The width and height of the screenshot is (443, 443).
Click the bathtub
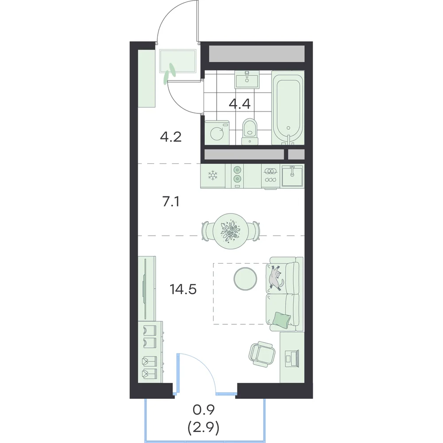[288, 108]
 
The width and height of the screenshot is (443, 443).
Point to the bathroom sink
[247, 80]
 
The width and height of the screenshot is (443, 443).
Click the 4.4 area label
[240, 104]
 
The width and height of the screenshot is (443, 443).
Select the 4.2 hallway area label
[171, 137]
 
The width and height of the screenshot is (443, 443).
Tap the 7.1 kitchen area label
[171, 202]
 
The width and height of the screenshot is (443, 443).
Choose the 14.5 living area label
[183, 289]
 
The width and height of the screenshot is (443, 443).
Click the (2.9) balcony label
[203, 428]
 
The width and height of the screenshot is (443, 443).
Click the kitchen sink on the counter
[292, 176]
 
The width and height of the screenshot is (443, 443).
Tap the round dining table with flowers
[231, 231]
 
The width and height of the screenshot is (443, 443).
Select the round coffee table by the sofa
[245, 279]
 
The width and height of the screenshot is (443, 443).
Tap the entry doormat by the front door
[178, 61]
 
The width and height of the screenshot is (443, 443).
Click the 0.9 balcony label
[204, 409]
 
